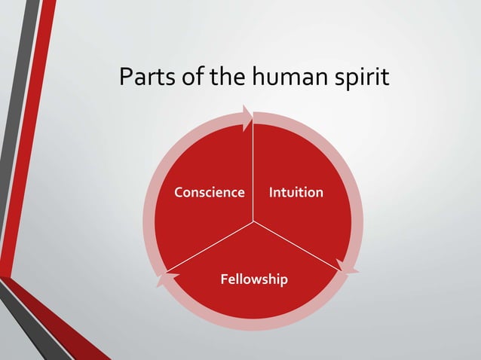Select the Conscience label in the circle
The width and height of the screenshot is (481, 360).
pyautogui.click(x=210, y=192)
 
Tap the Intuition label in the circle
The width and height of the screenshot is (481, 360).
pyautogui.click(x=296, y=192)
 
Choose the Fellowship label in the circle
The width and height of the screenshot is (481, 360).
pyautogui.click(x=253, y=279)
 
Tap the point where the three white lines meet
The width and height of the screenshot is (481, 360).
pyautogui.click(x=253, y=222)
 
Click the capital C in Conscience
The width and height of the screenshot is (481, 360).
pyautogui.click(x=179, y=192)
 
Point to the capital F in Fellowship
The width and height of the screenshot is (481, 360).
pyautogui.click(x=223, y=279)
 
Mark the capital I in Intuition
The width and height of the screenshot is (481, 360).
pyautogui.click(x=271, y=192)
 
